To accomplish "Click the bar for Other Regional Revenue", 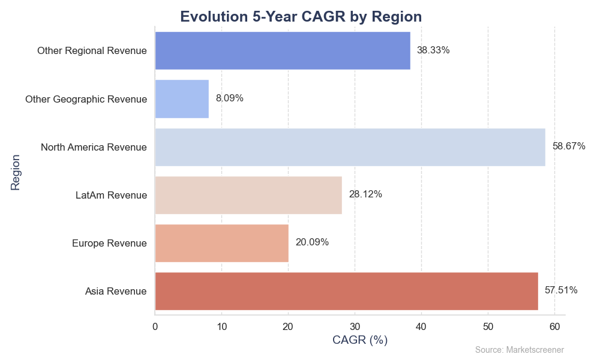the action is coord(283,50).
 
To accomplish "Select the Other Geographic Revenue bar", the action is coord(182,99).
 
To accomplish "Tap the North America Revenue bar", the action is coord(350,147).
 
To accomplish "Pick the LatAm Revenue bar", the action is coord(249,195).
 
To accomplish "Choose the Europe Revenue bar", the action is coord(222,244).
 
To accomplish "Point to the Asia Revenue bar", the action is coord(347,291).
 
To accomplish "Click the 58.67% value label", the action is coord(569,146).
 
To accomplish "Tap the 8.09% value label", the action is coord(230,98).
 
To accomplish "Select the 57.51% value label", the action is coord(561,290).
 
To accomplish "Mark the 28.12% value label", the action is coord(365,194).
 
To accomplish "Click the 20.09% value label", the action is coord(312,242).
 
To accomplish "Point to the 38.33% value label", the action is coord(433,50).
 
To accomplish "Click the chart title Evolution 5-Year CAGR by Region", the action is coord(301,17).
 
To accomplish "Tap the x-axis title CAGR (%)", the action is coord(359,340).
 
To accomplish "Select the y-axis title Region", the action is coord(15,173).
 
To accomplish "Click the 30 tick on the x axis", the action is coord(355,327).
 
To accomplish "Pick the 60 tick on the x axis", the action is coord(554,327).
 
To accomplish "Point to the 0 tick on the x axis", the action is coord(155,327).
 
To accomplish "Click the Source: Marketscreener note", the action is coord(519,350).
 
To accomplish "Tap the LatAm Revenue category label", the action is coord(111,196).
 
